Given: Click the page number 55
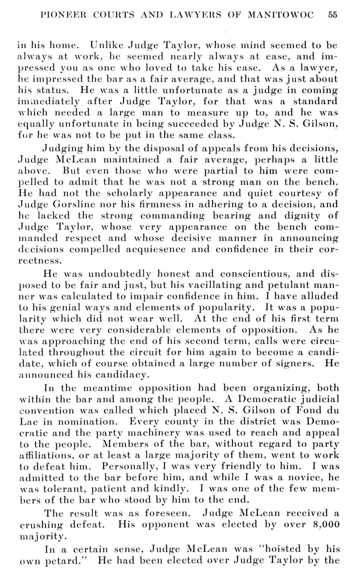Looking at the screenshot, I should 333,15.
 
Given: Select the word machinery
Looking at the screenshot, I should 146,433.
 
